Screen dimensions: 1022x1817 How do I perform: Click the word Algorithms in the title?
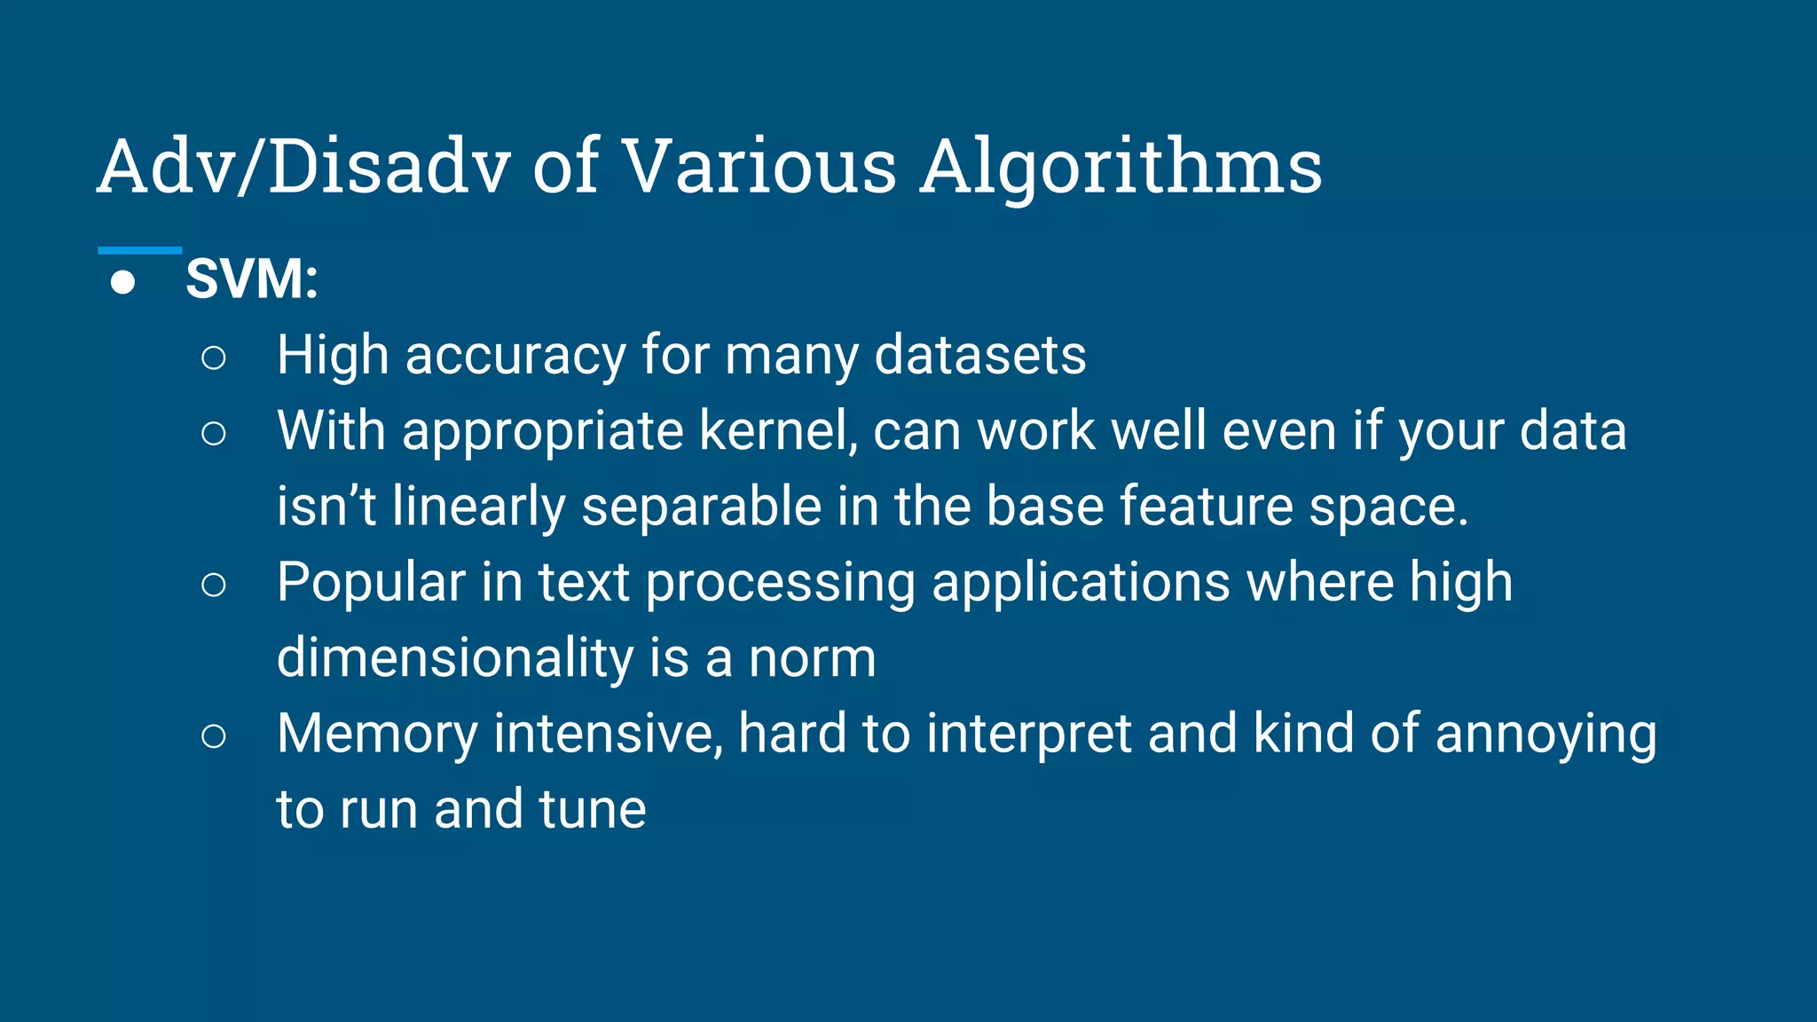click(x=1121, y=169)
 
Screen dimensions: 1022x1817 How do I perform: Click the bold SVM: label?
click(x=252, y=279)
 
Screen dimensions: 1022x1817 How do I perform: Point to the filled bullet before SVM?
click(x=123, y=282)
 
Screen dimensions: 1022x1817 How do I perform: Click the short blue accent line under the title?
click(x=139, y=251)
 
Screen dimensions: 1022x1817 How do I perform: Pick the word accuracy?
click(x=515, y=357)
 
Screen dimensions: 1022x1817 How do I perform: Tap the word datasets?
click(x=979, y=355)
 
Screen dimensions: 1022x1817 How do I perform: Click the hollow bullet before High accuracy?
click(x=213, y=358)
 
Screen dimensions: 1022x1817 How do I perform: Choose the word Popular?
click(x=371, y=583)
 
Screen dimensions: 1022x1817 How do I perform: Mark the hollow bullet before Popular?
click(x=213, y=585)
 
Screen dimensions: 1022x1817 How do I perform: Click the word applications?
click(x=1080, y=585)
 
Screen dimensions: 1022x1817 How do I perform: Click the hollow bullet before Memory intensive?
click(x=213, y=735)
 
